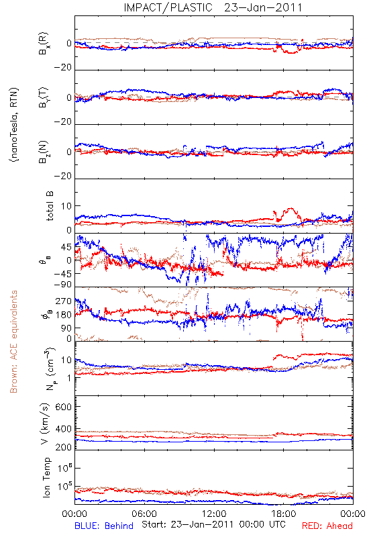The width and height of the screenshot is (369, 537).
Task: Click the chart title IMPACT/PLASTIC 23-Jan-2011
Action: [213, 7]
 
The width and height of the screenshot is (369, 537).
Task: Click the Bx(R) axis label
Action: [44, 44]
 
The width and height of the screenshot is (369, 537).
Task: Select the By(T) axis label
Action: [44, 97]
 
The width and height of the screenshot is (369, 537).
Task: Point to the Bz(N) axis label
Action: [44, 152]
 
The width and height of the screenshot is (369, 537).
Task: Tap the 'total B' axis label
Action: [50, 206]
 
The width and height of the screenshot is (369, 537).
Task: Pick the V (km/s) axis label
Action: [45, 424]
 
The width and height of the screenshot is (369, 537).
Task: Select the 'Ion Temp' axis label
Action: [46, 477]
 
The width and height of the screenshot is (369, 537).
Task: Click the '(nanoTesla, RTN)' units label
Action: [14, 125]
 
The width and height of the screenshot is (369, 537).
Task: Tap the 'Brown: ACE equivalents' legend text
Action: [13, 342]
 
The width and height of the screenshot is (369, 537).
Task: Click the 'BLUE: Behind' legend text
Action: [104, 526]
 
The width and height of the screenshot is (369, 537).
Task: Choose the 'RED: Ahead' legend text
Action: [327, 526]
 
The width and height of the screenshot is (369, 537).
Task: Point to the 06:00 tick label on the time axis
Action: [144, 514]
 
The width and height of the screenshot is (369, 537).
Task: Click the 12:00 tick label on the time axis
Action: [214, 514]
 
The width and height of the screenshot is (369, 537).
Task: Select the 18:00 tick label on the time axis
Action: [284, 514]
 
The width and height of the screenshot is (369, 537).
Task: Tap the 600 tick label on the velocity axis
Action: [64, 407]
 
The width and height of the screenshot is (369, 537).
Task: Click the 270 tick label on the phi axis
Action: [64, 301]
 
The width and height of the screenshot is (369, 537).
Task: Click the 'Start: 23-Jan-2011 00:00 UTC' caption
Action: [213, 524]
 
